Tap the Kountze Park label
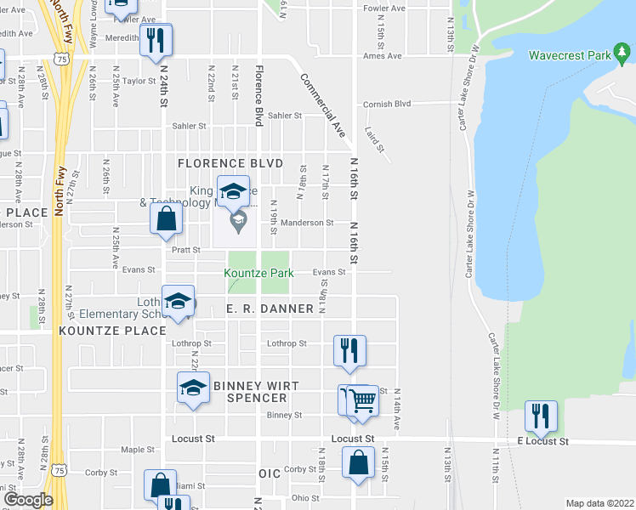[259, 273]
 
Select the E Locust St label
[542, 442]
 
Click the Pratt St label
[185, 251]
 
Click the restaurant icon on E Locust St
[541, 416]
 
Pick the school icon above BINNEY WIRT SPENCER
[193, 388]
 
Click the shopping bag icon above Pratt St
[167, 218]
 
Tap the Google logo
[28, 500]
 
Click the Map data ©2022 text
[599, 503]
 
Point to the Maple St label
[134, 449]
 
